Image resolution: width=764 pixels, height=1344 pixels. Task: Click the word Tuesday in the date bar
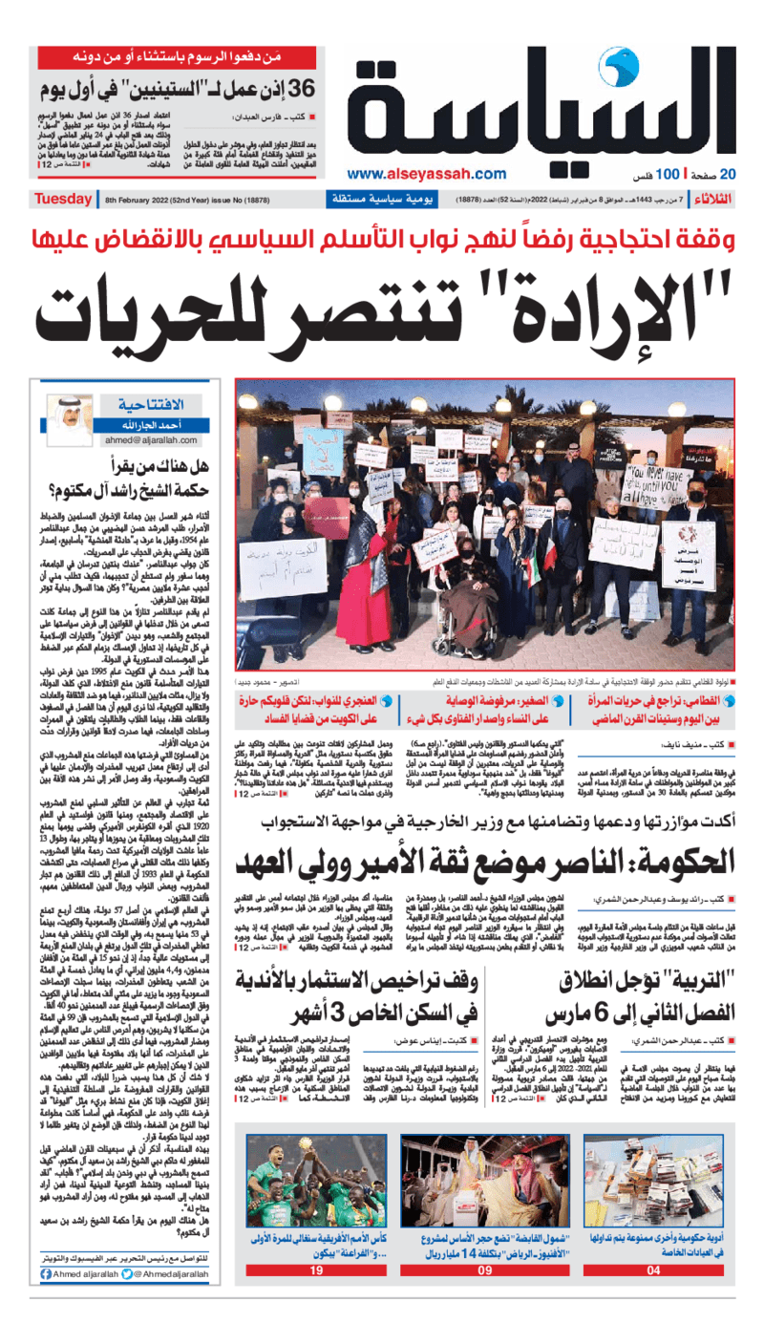click(x=63, y=199)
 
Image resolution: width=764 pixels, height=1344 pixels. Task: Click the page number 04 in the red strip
click(x=653, y=1270)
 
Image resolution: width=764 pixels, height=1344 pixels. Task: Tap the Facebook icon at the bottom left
click(x=46, y=1273)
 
